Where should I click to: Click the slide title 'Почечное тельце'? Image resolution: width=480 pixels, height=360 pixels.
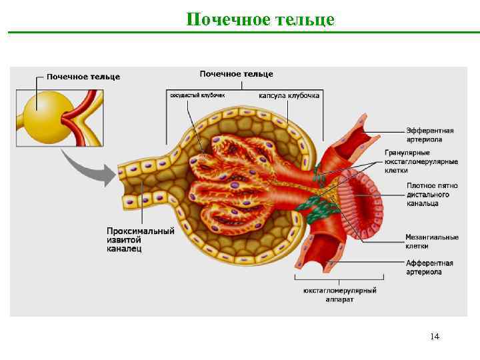(260, 19)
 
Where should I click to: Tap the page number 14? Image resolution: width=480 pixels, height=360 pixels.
(435, 336)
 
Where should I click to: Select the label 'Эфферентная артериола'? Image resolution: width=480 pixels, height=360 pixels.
(430, 135)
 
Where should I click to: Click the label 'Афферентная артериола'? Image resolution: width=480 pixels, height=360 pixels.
(430, 267)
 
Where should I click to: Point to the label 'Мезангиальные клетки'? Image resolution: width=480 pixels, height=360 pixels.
(432, 241)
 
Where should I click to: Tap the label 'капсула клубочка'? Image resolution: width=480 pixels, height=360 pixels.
(289, 95)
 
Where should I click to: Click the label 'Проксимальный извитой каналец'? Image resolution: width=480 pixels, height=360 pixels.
(141, 240)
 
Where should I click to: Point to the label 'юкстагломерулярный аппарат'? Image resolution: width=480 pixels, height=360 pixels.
(340, 295)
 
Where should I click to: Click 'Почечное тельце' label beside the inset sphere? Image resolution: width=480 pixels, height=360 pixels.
(83, 77)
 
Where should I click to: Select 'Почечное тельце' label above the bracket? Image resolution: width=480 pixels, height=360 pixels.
(236, 73)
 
